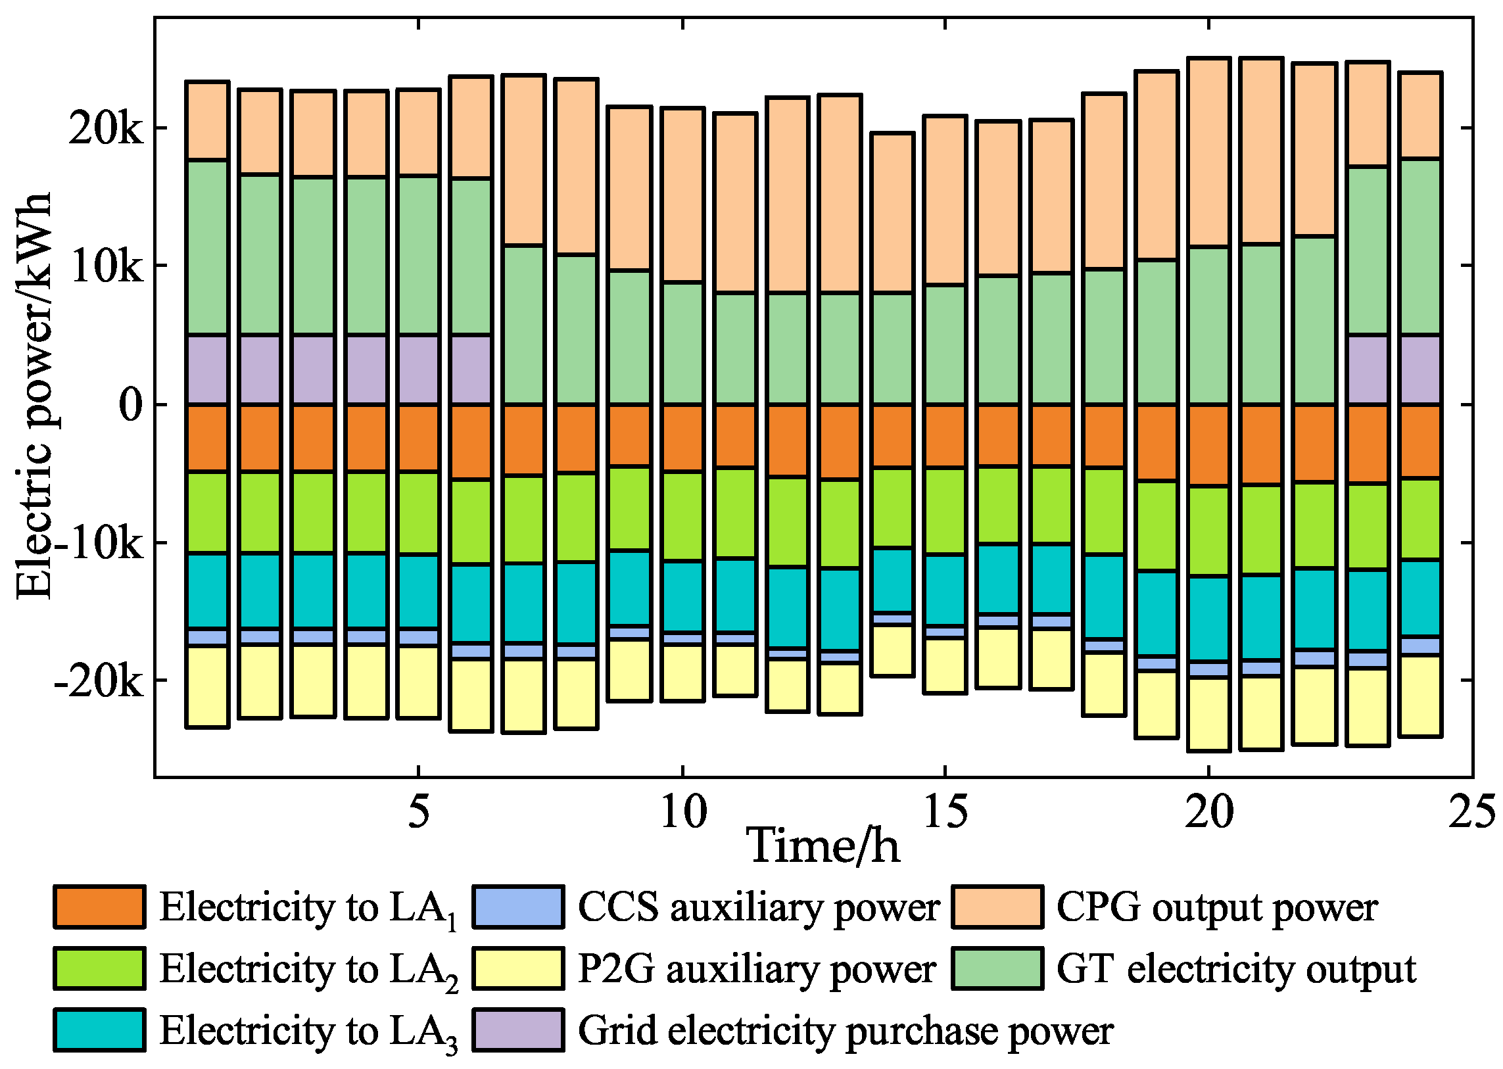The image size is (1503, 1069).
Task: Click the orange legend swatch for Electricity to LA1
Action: coord(99,907)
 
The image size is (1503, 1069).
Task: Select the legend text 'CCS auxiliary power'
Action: coord(759,907)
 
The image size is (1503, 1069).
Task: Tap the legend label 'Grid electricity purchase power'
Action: coord(846,1031)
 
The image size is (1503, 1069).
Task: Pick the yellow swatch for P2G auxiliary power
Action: coord(518,968)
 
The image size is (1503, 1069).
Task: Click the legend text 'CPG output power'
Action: coord(1216,907)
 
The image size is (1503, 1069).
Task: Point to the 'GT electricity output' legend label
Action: coord(1235,968)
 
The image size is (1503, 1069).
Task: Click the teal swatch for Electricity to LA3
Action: coord(99,1030)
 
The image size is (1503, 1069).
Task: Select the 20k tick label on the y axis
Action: coord(105,129)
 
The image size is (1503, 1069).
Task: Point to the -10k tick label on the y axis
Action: coord(99,544)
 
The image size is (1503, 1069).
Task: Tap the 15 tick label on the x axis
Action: coord(945,812)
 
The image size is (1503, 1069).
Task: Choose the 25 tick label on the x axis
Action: coord(1472,812)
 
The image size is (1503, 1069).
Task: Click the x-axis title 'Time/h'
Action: coord(823,847)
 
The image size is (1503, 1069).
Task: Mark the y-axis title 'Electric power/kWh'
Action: coord(33,396)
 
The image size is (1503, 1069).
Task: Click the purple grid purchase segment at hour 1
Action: coord(207,369)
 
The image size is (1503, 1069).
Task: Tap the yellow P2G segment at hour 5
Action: coord(419,681)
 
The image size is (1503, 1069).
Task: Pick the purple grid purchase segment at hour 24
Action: coord(1420,369)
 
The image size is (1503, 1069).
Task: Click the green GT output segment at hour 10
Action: coord(682,343)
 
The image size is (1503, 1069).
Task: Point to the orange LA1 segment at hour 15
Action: coord(945,436)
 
